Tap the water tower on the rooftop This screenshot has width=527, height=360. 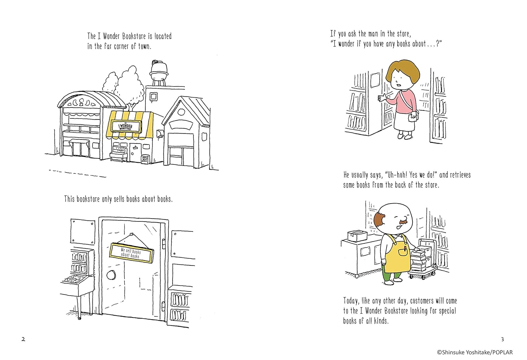coord(159,73)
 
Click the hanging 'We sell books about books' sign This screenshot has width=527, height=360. coord(131,253)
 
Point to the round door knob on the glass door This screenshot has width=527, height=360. coord(111,275)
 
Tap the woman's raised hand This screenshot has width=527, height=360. coord(383,98)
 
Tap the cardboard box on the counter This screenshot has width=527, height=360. coord(357,236)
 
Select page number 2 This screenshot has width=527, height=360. coord(23,339)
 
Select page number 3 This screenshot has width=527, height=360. coord(502,339)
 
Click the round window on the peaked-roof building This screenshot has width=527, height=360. coord(181,112)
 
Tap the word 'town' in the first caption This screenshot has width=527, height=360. coord(144,46)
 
